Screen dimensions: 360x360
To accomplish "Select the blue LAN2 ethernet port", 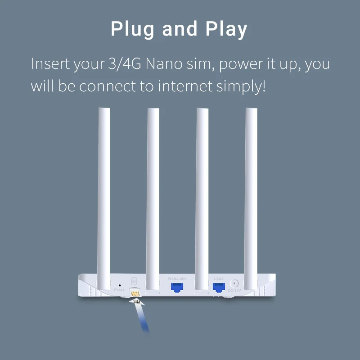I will coord(219,287).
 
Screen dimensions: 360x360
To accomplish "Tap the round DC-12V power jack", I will coord(234,284).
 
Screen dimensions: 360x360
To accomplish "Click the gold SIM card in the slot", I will coord(135,293).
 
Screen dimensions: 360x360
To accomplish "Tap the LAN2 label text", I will coord(219,279).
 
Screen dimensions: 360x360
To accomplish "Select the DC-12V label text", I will coord(234,291).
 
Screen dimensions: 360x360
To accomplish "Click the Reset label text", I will coord(119,290).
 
